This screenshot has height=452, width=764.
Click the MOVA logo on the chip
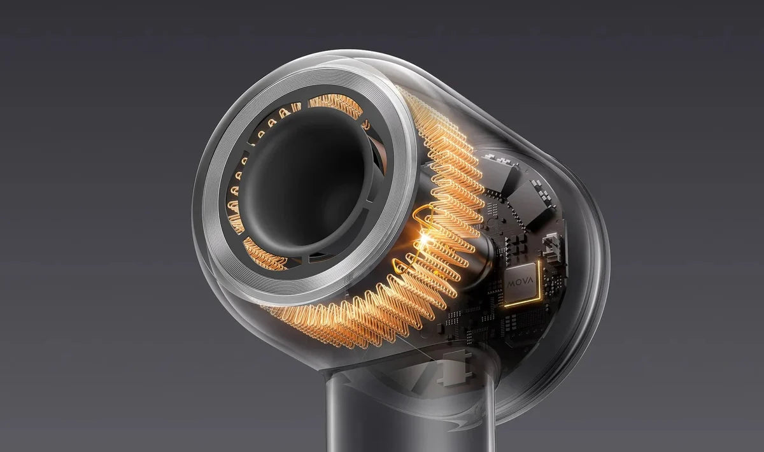[x=520, y=283]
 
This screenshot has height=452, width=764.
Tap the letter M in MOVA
[x=510, y=284]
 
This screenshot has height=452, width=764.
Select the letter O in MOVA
[x=517, y=283]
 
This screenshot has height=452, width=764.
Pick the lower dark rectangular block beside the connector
[x=532, y=205]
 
